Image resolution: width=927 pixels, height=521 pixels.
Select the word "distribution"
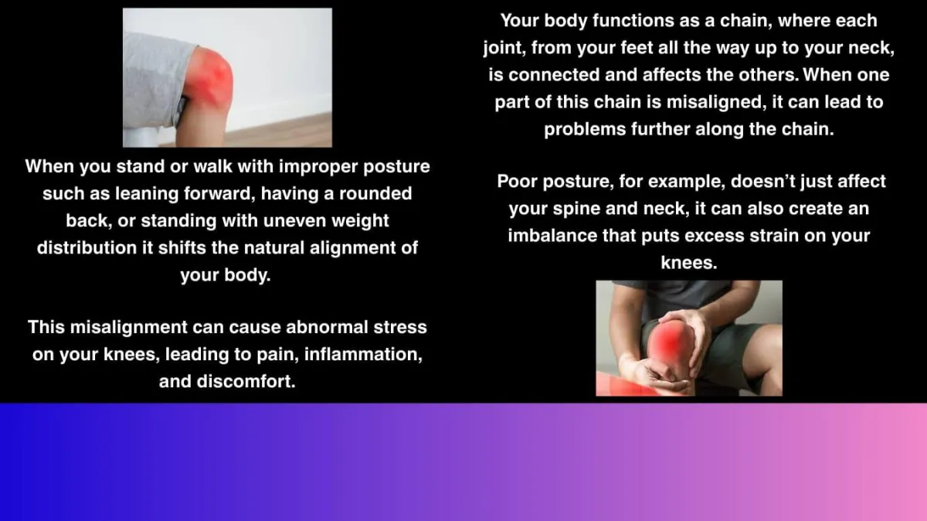pyautogui.click(x=87, y=248)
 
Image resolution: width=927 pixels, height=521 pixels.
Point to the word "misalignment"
pyautogui.click(x=129, y=328)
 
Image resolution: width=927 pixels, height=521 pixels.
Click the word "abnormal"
pyautogui.click(x=327, y=327)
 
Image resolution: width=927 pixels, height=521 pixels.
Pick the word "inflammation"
pyautogui.click(x=363, y=355)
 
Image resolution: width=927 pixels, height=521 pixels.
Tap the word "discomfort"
pyautogui.click(x=246, y=381)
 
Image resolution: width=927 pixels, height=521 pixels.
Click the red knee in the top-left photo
pyautogui.click(x=209, y=80)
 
